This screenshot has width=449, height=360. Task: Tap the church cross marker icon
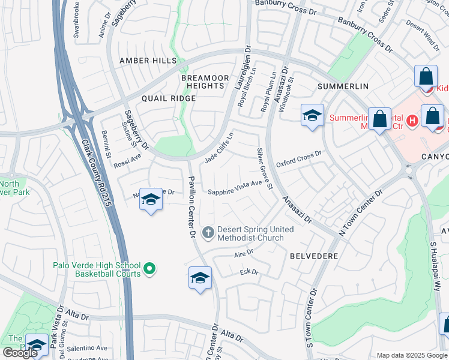click(208, 232)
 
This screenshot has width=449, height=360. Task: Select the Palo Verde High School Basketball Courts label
click(97, 269)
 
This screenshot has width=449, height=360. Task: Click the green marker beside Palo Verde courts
click(150, 269)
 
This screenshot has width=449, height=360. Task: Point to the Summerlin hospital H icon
click(412, 121)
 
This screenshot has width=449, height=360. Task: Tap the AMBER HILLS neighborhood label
click(148, 61)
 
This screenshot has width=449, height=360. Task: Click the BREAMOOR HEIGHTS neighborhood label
click(205, 82)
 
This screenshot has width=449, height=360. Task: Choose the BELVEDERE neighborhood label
click(314, 256)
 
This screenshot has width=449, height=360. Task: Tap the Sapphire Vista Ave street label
click(235, 187)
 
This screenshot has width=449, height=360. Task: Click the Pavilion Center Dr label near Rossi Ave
click(192, 203)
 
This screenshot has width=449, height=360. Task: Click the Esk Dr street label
click(249, 272)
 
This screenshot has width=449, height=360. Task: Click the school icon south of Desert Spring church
click(200, 278)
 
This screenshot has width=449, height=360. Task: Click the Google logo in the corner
click(20, 353)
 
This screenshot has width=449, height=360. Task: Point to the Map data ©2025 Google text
click(411, 355)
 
